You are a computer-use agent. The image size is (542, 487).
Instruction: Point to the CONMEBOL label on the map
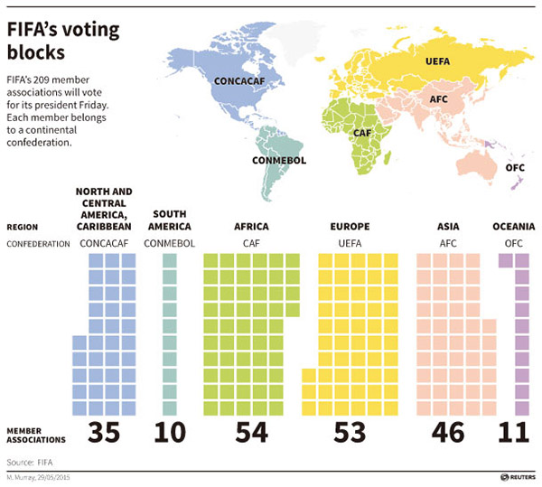[x=280, y=161]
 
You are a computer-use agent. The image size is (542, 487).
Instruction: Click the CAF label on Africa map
[x=362, y=133]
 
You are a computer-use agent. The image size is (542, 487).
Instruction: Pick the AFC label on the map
[x=439, y=99]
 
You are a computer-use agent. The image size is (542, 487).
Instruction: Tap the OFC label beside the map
[x=516, y=167]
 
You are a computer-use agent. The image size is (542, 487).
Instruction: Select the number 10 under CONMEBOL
[x=170, y=433]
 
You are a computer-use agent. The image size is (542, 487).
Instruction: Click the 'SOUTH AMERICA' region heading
[x=170, y=220]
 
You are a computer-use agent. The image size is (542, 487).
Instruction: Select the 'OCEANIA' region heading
[x=513, y=226]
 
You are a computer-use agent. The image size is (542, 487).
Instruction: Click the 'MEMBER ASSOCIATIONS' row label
[x=37, y=435]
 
